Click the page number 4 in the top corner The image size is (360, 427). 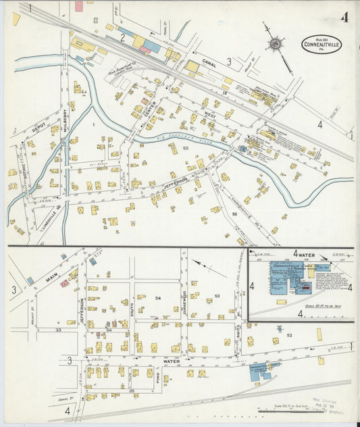coord(344,17)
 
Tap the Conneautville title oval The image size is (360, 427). coord(322,45)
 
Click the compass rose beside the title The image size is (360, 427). coord(274,44)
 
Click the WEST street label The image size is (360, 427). coord(210,115)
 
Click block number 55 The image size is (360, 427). coord(184,147)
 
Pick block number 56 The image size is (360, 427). coord(234,214)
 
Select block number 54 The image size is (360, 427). coord(158,298)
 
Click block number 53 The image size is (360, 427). coord(217,297)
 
